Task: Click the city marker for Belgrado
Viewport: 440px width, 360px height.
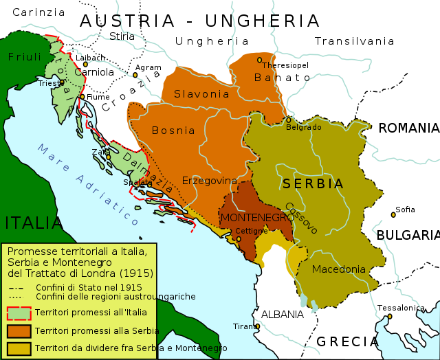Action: click(289, 120)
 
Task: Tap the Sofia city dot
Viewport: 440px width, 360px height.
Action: click(393, 214)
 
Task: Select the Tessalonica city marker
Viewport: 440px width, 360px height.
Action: click(389, 317)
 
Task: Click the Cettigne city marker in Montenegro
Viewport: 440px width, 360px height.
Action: click(239, 239)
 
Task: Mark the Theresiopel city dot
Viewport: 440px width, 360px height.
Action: click(260, 60)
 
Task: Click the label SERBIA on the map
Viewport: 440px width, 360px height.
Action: click(312, 184)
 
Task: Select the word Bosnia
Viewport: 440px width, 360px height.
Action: click(168, 130)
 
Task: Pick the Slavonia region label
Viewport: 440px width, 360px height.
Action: click(201, 93)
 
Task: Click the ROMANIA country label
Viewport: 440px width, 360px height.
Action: click(408, 128)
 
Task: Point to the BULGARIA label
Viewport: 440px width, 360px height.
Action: click(408, 235)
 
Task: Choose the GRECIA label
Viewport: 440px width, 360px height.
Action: click(348, 341)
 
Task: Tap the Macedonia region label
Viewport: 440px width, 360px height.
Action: click(339, 269)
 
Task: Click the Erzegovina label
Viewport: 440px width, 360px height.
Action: click(210, 180)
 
